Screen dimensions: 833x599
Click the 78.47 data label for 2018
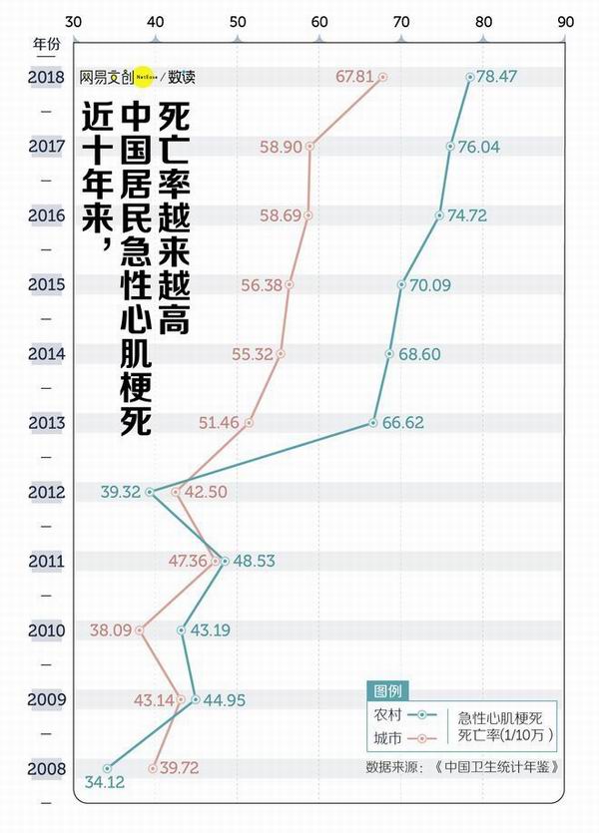pyautogui.click(x=496, y=77)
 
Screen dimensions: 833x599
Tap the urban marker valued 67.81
pyautogui.click(x=381, y=77)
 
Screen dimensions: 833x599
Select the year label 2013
pyautogui.click(x=47, y=422)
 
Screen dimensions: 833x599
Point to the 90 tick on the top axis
pyautogui.click(x=566, y=20)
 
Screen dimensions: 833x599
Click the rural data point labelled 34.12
pyautogui.click(x=107, y=768)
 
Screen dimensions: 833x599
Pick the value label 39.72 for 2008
pyautogui.click(x=180, y=768)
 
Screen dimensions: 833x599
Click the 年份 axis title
pyautogui.click(x=47, y=45)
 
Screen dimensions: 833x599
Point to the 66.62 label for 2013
pyautogui.click(x=403, y=422)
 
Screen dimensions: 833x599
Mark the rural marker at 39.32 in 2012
pyautogui.click(x=151, y=492)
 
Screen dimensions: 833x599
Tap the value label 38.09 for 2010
pyautogui.click(x=110, y=630)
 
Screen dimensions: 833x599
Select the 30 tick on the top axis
pyautogui.click(x=73, y=20)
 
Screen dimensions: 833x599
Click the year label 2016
pyautogui.click(x=47, y=215)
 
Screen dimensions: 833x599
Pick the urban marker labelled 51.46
pyautogui.click(x=250, y=423)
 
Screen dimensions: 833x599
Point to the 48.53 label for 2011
pyautogui.click(x=254, y=561)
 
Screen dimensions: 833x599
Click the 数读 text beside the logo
pyautogui.click(x=182, y=77)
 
